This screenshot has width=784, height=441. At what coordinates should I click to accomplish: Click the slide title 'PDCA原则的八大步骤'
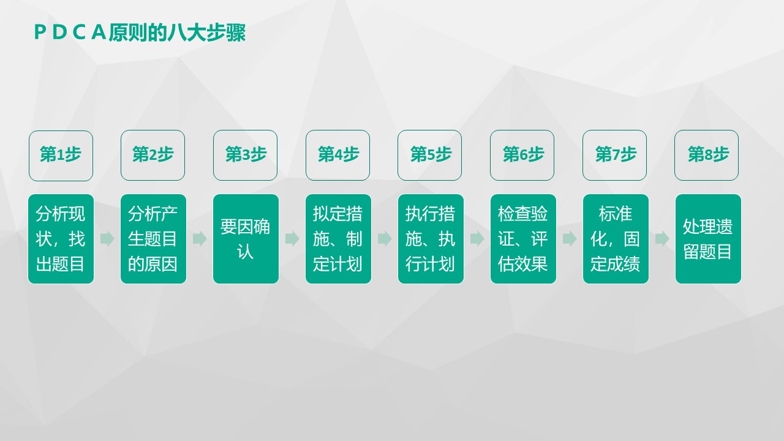[140, 33]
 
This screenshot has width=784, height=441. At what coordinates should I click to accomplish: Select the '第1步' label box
[61, 155]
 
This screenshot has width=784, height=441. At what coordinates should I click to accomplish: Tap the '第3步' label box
[246, 155]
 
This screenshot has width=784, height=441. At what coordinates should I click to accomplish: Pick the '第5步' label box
[430, 155]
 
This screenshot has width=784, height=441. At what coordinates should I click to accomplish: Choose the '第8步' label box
[707, 155]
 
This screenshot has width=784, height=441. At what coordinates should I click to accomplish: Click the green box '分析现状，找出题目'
[61, 239]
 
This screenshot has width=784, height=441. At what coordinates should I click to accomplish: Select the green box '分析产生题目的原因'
[153, 239]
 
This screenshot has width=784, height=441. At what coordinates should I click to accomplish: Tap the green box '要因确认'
[246, 239]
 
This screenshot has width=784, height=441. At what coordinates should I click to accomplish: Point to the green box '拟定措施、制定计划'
[338, 239]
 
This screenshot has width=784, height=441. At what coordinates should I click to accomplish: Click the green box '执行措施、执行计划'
[431, 239]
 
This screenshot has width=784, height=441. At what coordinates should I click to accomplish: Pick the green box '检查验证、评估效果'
[523, 239]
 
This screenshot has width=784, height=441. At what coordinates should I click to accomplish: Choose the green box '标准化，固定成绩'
[616, 239]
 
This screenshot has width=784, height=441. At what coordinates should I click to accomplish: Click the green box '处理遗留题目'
[708, 239]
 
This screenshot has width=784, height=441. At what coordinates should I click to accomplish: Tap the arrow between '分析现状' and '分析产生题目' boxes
[107, 239]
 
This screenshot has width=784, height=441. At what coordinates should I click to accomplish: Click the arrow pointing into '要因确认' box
[200, 239]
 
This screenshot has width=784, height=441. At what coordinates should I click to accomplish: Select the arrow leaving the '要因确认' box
[292, 239]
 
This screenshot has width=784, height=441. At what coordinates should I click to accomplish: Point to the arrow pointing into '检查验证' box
[477, 239]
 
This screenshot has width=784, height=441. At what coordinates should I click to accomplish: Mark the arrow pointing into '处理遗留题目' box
[662, 239]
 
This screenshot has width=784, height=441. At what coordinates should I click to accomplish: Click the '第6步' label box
[522, 155]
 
